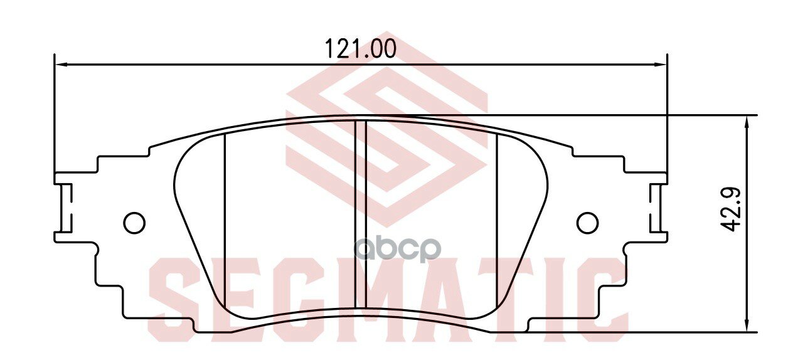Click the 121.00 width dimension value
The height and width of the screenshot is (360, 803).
coord(360,49)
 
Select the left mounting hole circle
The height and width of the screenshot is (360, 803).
coord(134,222)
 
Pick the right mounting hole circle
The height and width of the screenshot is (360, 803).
coord(587,222)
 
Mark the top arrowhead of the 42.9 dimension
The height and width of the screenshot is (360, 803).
coord(747,121)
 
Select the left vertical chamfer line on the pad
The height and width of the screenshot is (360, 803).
coord(224,213)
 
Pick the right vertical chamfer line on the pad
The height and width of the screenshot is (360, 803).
coord(497,213)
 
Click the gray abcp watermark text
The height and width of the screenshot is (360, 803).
coord(399,249)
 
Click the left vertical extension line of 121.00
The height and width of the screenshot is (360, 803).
coord(55,113)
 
